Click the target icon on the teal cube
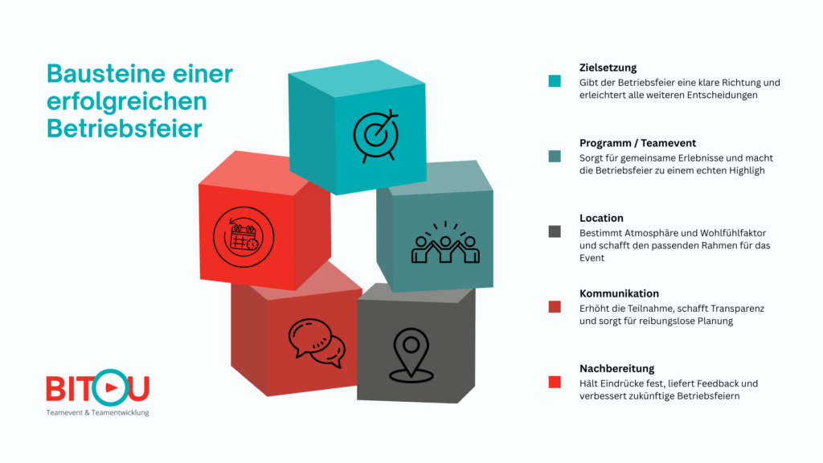tap(375, 135)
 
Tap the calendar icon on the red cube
tap(244, 237)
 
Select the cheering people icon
tap(445, 243)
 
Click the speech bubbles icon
tap(317, 342)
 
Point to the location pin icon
tap(411, 354)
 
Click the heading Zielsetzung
tap(608, 68)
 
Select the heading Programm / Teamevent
tap(637, 143)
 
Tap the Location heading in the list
tap(601, 218)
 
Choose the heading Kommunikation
tap(619, 293)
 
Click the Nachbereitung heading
tap(616, 368)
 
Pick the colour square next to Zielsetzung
tap(555, 81)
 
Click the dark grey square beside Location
tap(555, 231)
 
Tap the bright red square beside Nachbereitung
tap(555, 382)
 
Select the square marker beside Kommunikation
tap(555, 307)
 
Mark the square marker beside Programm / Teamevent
tap(555, 157)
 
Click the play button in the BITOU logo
tap(111, 388)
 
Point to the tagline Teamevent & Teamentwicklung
tap(97, 412)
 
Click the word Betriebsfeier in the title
tap(125, 129)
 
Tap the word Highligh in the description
tap(747, 170)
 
